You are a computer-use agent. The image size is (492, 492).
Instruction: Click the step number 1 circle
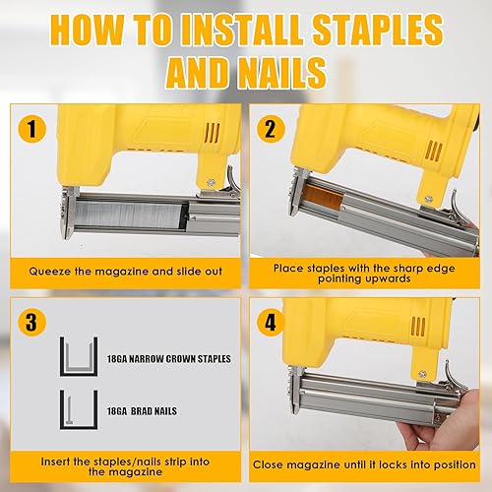[31, 129]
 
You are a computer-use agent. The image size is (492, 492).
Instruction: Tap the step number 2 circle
[271, 129]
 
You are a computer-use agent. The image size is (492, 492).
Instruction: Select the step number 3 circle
[31, 322]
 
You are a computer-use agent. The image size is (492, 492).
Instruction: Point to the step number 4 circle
[271, 322]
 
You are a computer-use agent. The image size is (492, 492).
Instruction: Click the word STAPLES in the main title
[377, 30]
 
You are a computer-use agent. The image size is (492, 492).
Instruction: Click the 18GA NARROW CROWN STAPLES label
[169, 359]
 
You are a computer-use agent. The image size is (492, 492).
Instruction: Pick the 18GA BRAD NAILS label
[142, 411]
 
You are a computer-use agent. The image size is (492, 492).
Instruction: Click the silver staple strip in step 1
[128, 215]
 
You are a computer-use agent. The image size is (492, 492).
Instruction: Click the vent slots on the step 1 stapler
[212, 133]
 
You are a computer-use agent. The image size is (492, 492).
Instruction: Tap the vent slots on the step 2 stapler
[433, 151]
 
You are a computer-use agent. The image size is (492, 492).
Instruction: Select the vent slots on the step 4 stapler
[418, 326]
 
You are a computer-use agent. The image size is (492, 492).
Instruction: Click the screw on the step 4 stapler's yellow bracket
[423, 374]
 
